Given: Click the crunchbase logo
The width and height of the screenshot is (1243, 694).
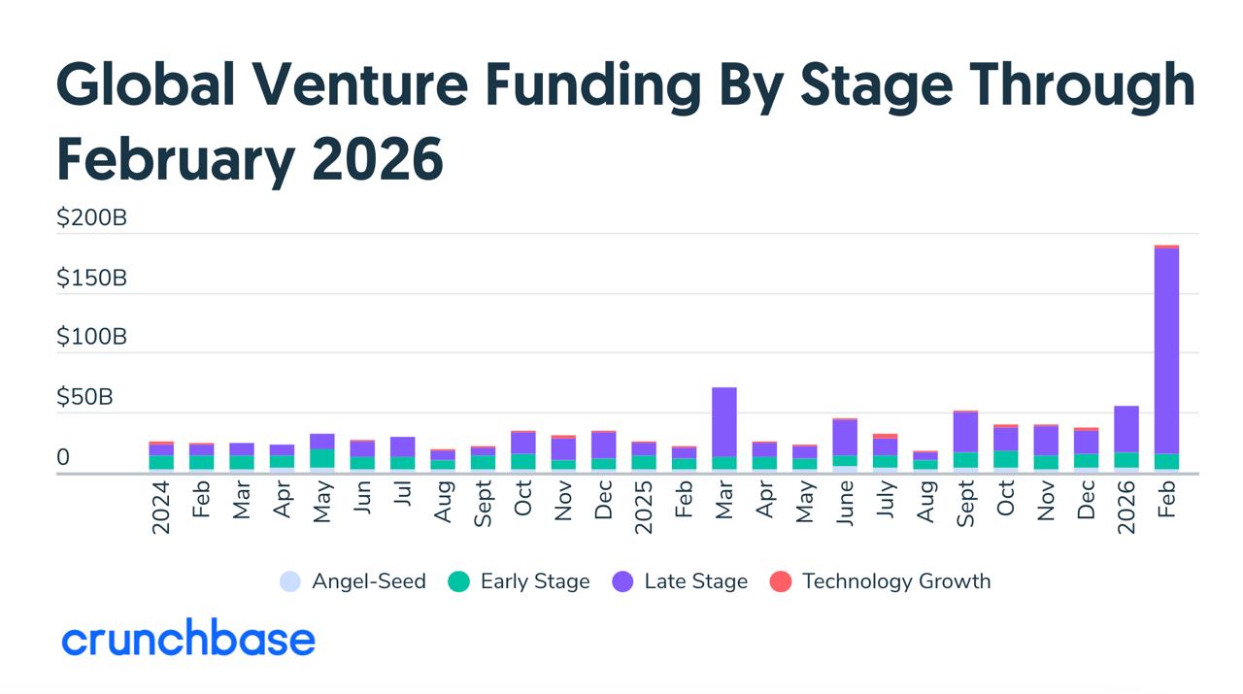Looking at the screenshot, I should click(188, 641).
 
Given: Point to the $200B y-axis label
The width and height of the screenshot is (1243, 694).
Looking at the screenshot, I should click(91, 218).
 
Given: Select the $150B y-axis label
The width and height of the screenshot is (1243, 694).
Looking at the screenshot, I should click(91, 279).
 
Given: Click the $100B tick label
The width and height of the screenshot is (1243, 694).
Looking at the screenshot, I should click(91, 338).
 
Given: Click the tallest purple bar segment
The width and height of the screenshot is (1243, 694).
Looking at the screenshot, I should click(1166, 349).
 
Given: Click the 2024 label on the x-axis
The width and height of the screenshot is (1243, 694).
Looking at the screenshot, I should click(161, 510).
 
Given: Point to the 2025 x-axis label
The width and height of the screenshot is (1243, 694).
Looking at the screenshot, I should click(644, 510).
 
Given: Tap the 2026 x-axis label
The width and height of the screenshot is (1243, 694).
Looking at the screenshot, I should click(1126, 510).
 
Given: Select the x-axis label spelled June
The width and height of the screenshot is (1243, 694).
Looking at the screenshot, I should click(845, 506).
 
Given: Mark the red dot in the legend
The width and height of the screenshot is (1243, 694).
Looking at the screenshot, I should click(781, 581).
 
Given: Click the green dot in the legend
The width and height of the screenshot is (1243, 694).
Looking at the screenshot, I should click(459, 581).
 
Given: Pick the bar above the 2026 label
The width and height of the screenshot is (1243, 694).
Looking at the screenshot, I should click(1126, 437).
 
